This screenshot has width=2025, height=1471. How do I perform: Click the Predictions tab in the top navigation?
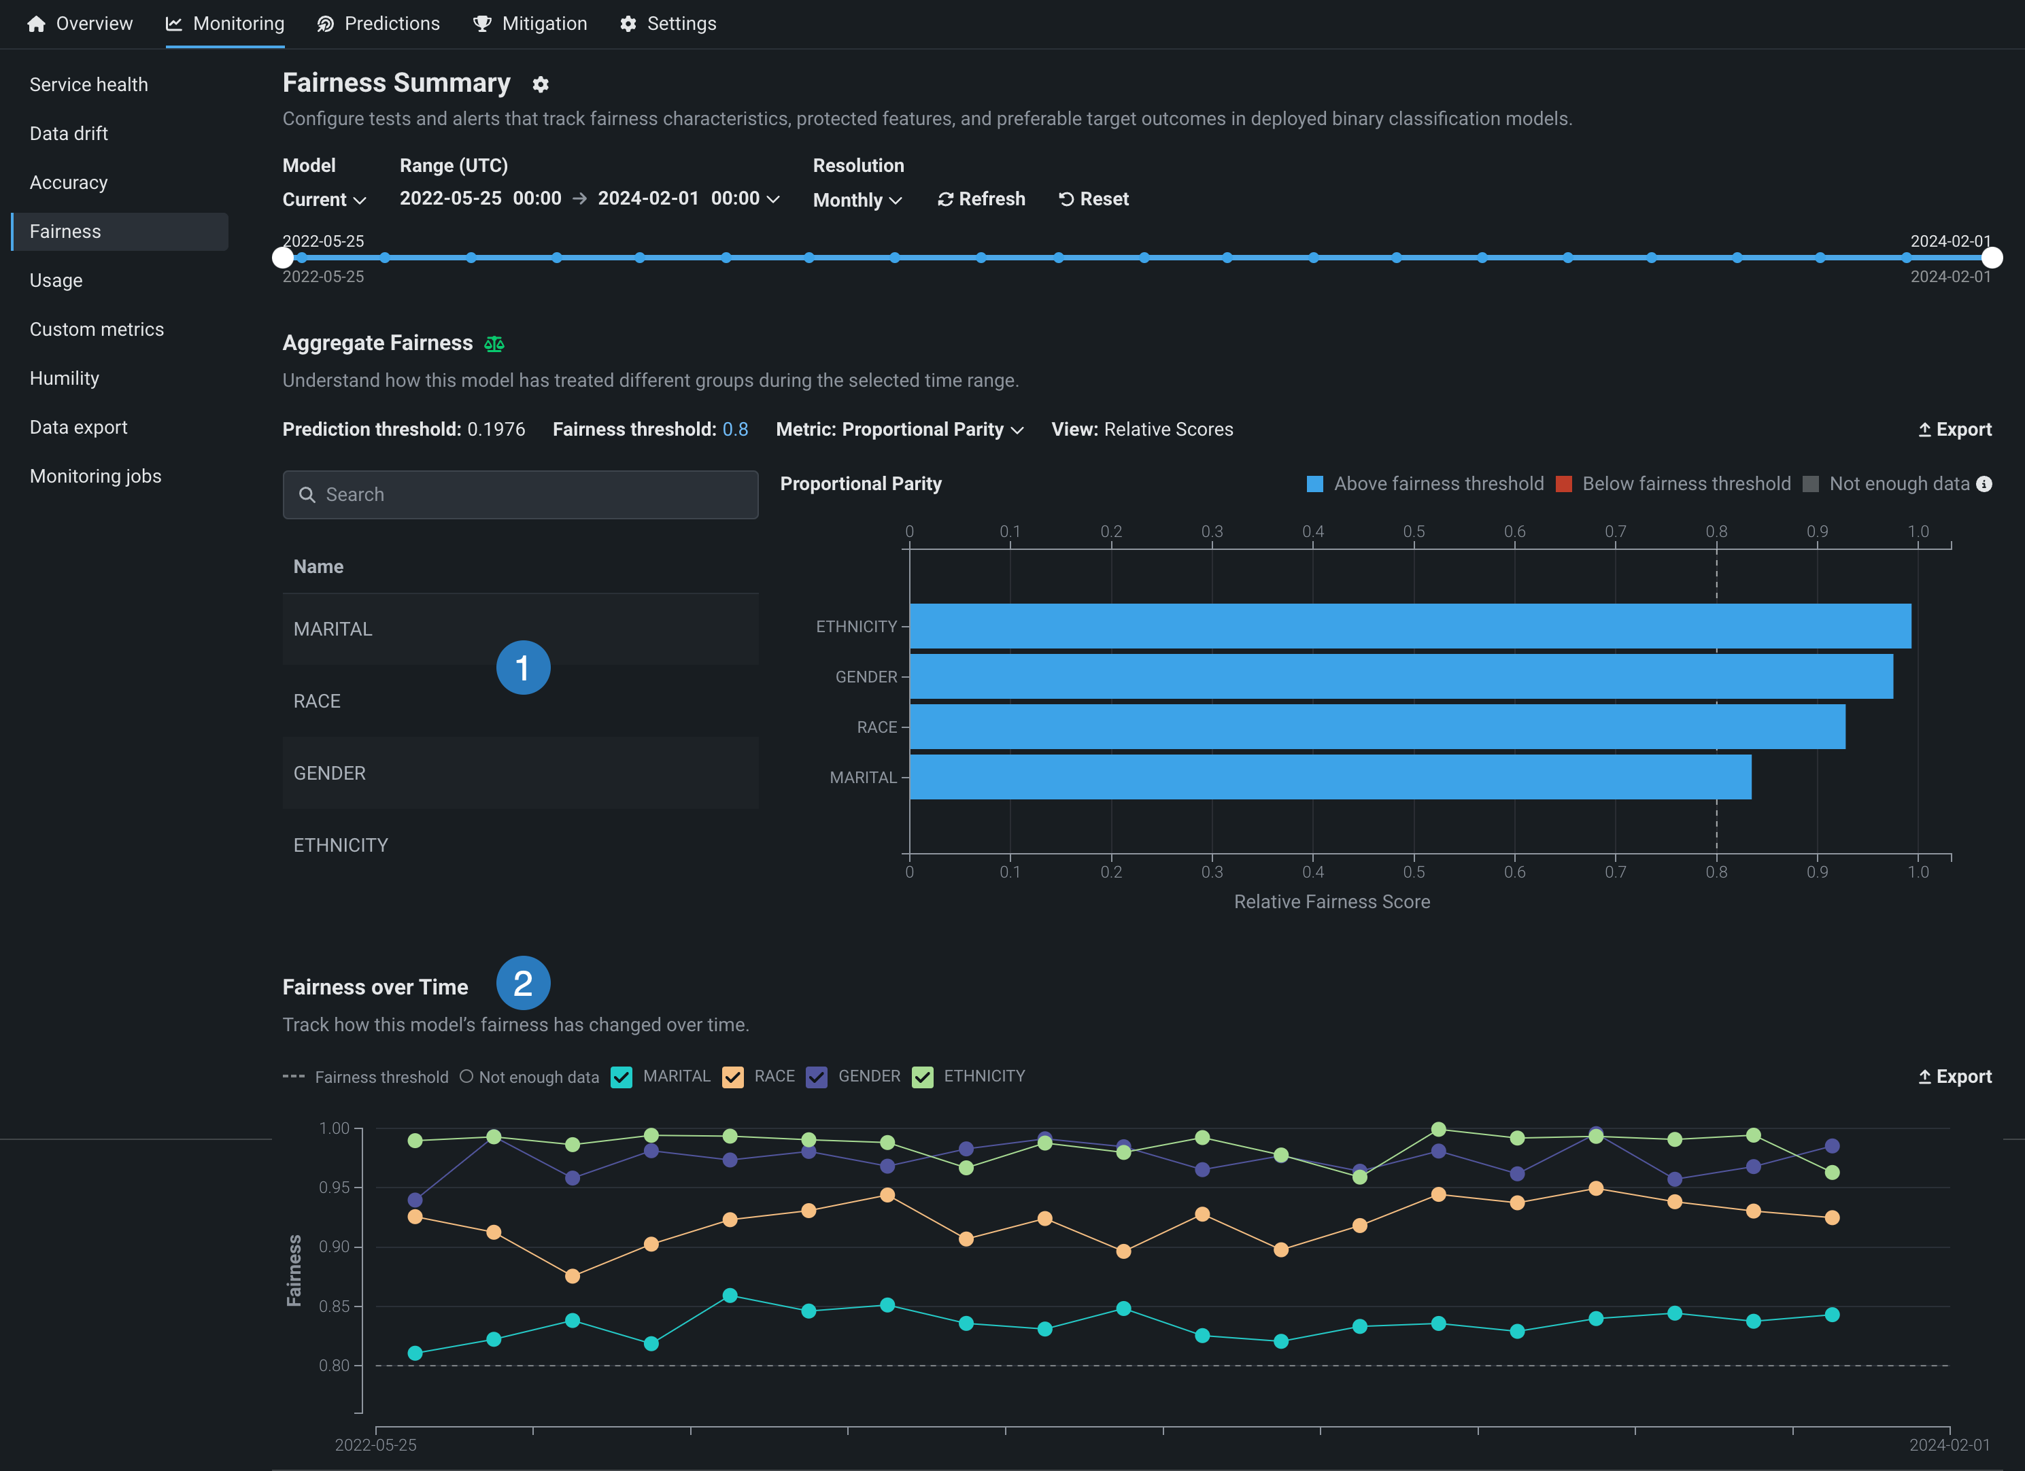[x=379, y=24]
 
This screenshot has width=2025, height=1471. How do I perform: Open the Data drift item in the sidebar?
[x=69, y=134]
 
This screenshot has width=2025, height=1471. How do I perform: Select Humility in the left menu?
[x=65, y=379]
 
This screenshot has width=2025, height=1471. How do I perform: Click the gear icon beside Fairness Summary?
[x=540, y=85]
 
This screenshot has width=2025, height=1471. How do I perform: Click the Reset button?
[x=1093, y=199]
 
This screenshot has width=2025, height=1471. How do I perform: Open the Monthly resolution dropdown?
[x=857, y=200]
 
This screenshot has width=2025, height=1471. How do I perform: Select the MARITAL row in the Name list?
[x=333, y=629]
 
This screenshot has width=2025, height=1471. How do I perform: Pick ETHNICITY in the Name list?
[x=341, y=846]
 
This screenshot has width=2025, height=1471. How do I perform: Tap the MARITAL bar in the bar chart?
[x=1330, y=778]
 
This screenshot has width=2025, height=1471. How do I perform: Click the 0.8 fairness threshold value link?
[x=735, y=430]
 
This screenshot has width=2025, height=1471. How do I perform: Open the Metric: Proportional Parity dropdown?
[x=899, y=430]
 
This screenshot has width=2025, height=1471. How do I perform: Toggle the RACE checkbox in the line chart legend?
[x=733, y=1077]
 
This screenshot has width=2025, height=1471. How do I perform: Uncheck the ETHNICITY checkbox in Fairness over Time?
[x=922, y=1077]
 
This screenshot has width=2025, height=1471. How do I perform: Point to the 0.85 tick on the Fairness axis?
[x=335, y=1306]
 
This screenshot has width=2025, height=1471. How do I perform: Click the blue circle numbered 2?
[x=523, y=983]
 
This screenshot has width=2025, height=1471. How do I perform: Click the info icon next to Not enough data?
[x=1984, y=484]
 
